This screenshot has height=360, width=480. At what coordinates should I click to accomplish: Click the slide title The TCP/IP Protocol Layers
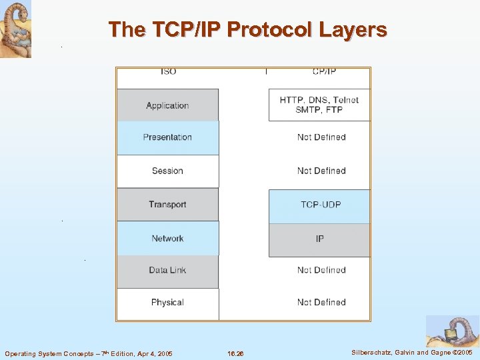pos(247,29)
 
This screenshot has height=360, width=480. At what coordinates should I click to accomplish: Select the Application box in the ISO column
pos(167,105)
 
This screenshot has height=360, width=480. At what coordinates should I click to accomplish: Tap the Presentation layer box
pos(167,137)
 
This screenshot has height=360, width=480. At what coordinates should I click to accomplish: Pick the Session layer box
pos(167,171)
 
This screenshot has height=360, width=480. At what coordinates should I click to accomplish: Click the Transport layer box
pos(167,204)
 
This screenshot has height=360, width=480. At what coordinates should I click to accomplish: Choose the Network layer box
pos(167,238)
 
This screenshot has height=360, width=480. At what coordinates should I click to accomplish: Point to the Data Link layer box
pos(167,271)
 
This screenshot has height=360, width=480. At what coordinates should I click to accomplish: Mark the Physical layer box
pos(167,303)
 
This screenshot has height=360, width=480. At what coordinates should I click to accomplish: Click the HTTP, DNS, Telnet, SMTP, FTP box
pos(319,105)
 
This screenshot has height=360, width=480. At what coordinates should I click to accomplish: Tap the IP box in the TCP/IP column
pos(319,239)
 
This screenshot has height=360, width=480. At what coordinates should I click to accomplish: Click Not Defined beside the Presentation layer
pos(321,137)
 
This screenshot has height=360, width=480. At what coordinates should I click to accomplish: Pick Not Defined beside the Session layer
pos(321,171)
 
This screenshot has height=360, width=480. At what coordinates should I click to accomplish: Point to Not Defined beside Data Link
pos(321,270)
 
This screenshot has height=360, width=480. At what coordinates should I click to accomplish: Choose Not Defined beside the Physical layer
pos(321,303)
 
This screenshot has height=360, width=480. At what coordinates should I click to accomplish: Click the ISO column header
pos(168,72)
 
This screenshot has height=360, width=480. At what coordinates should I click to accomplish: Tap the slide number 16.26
pos(235,353)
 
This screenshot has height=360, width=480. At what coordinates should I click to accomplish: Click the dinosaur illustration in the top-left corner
pos(15,29)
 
